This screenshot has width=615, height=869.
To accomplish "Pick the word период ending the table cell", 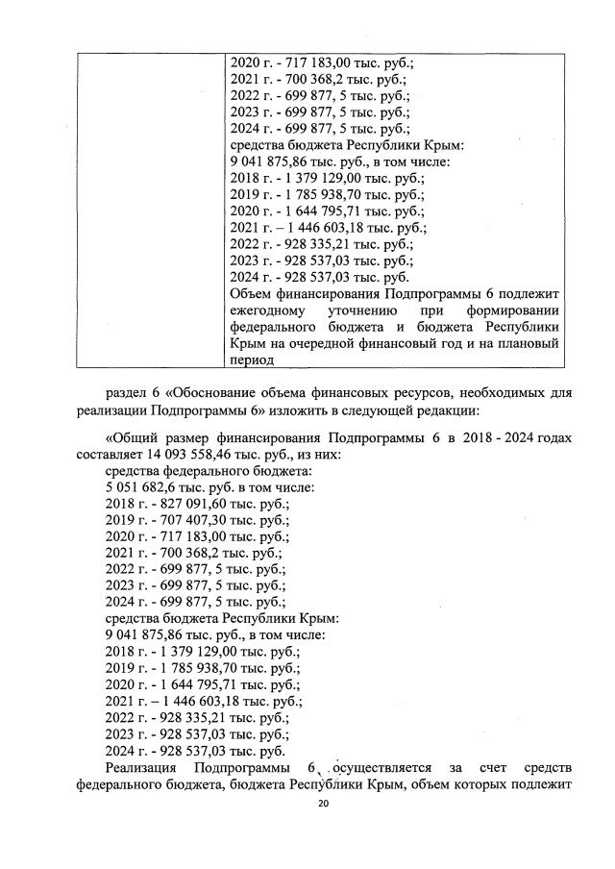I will (252, 360).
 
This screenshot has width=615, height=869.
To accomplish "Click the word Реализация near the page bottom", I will (142, 766).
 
